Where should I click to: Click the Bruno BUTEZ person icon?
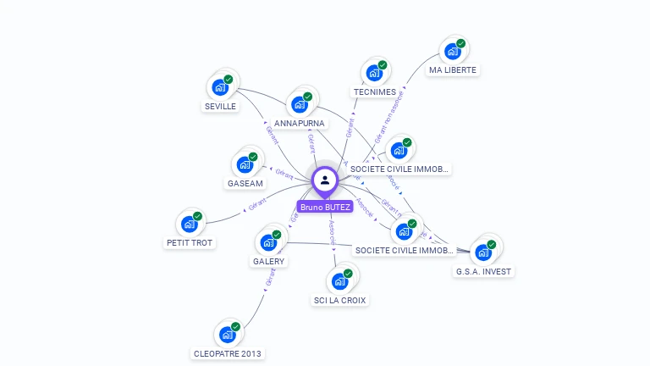pos(325,180)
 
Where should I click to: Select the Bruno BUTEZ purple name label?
pos(325,207)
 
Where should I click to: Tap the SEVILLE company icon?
pos(220,87)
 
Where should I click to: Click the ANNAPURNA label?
pos(299,123)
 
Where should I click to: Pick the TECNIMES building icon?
pos(374,73)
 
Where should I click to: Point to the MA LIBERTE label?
pos(453,69)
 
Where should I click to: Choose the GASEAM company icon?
pos(245,164)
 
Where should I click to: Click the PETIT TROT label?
pos(190,242)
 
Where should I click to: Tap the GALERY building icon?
pos(268,242)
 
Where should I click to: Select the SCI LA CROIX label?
pos(340,300)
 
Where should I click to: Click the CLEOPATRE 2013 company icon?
pos(228,335)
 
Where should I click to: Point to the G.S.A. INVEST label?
pos(483,271)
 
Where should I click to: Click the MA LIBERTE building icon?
pos(453,51)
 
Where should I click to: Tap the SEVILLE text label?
pos(220,107)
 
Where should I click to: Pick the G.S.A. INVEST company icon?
pos(483,252)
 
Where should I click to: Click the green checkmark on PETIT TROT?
pos(197,216)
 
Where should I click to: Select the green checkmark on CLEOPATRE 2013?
pos(235,326)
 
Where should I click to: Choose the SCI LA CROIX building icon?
pos(340,280)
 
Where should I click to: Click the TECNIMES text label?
pos(374,91)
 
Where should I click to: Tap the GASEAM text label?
pos(245,183)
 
